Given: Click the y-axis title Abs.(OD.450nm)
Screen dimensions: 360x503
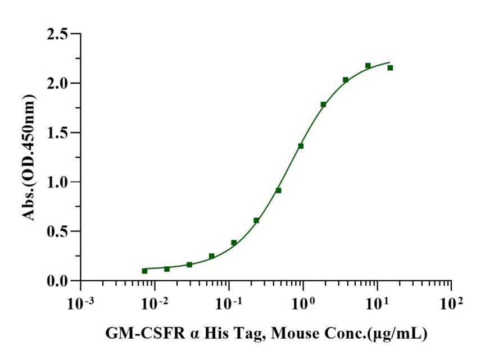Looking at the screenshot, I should (x=29, y=157).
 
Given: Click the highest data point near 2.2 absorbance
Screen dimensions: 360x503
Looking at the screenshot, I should (x=368, y=66).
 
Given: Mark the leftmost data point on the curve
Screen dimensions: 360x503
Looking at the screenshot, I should (x=144, y=271).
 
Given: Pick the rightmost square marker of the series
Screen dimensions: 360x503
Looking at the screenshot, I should (x=390, y=68).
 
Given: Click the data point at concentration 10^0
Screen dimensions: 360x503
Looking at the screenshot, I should (x=301, y=146).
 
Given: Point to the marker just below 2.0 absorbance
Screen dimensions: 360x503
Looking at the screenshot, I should (x=323, y=104).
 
